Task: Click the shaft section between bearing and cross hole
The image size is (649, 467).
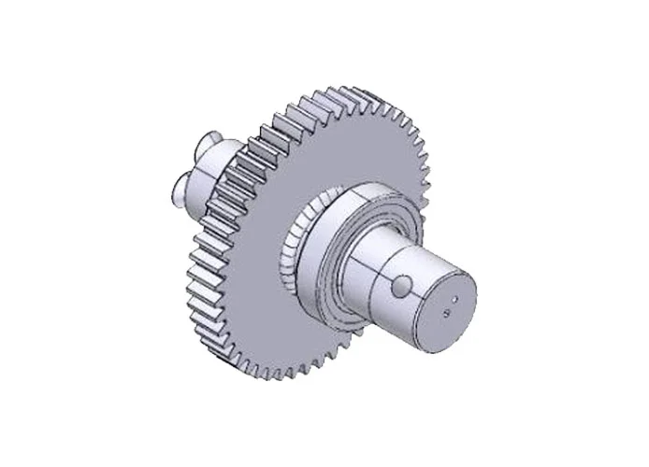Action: (x=365, y=271)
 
